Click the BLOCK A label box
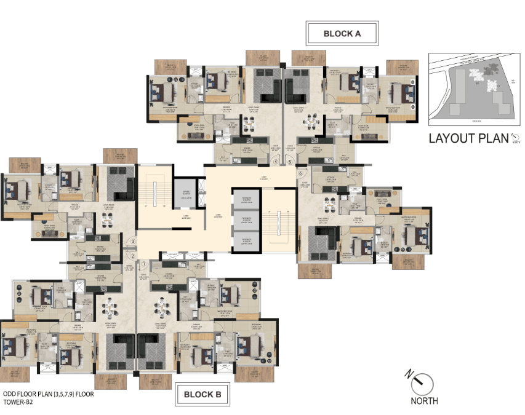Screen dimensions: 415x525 [342, 34]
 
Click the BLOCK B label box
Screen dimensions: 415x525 [202, 394]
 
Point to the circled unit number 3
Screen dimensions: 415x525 [132, 242]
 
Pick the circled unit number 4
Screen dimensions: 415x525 [276, 163]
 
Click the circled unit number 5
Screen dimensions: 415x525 [290, 163]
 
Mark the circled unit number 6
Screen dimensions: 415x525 [300, 173]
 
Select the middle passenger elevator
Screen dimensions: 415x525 [245, 220]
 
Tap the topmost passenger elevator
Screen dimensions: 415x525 [245, 200]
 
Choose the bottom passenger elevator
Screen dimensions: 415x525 [245, 241]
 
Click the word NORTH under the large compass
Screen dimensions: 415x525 [424, 401]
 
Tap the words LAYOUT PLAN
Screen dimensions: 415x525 [468, 138]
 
